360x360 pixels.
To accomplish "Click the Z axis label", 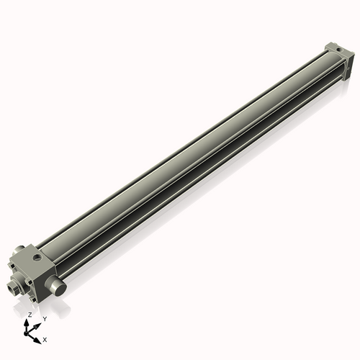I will [30, 315].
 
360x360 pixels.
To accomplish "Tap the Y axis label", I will [44, 318].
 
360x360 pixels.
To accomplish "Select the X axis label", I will [45, 338].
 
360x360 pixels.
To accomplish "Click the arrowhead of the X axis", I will [38, 336].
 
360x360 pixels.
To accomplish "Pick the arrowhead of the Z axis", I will [29, 321].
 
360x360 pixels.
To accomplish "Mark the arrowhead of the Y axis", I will [38, 323].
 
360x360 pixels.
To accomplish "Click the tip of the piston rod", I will [11, 289].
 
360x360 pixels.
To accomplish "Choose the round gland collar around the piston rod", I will [17, 284].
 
